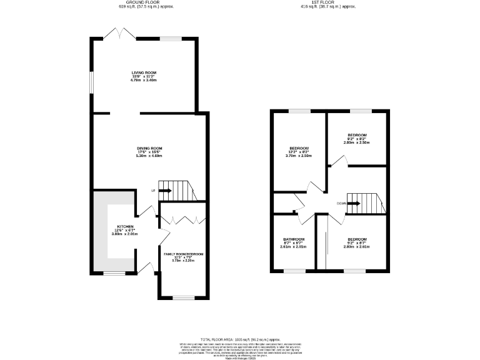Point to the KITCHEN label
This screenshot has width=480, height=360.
[125, 226]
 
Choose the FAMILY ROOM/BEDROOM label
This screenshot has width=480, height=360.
[183, 254]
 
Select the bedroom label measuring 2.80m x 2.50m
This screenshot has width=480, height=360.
[357, 142]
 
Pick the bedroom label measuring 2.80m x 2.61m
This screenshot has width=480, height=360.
[356, 247]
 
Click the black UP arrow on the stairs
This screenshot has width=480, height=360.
[164, 190]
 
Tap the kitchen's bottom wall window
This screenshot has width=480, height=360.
[114, 273]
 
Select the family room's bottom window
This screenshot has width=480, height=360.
[182, 297]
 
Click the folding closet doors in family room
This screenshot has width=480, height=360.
[183, 219]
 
